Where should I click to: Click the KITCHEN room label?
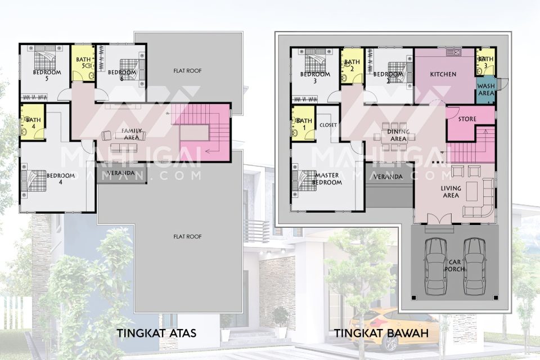(443, 74)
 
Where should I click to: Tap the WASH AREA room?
(486, 90)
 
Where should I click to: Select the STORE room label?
(467, 119)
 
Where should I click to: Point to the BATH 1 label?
(304, 124)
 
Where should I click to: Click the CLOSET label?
(328, 125)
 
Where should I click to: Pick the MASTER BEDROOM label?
(327, 178)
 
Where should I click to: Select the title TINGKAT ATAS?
(156, 333)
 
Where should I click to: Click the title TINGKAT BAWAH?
(381, 333)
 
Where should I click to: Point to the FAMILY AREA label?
(132, 134)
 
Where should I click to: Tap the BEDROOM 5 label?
(47, 75)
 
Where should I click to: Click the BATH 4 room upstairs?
(33, 121)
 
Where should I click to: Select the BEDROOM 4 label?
(61, 179)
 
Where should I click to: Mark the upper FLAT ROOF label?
(187, 71)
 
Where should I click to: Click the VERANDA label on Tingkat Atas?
(121, 173)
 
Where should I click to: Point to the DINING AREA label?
(398, 136)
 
